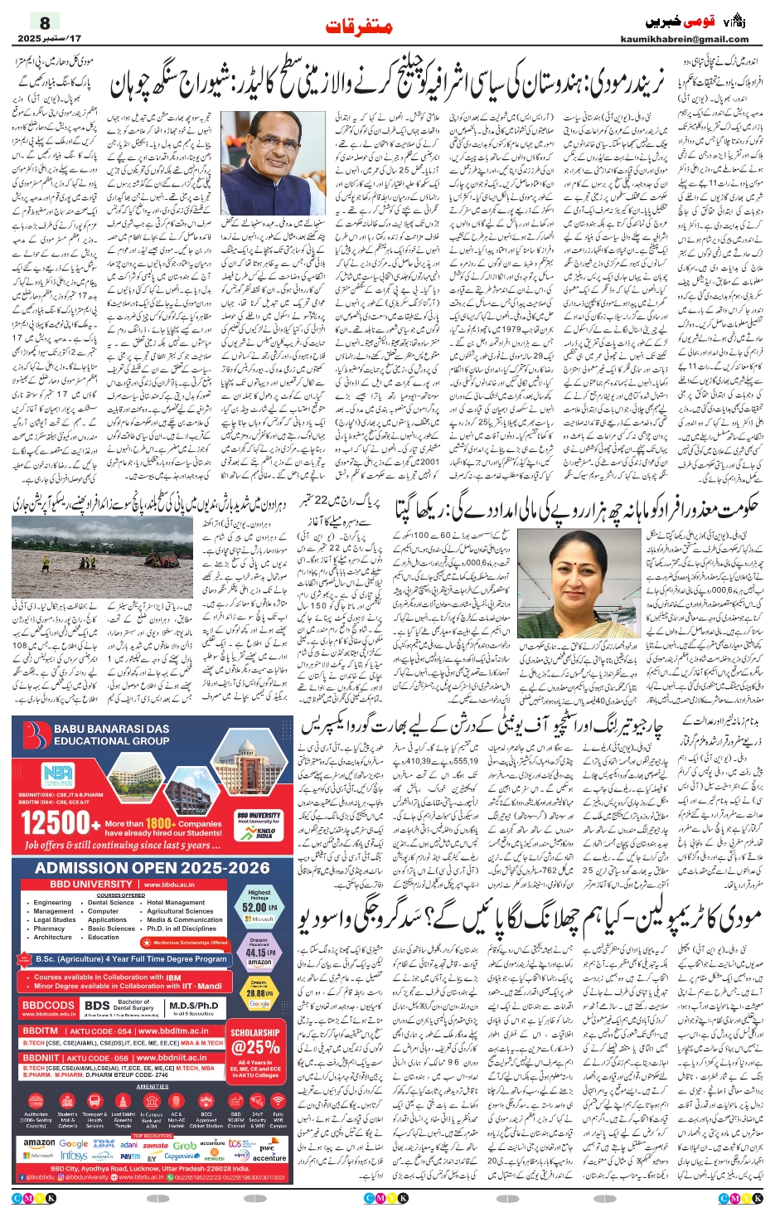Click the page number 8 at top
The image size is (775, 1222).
pyautogui.click(x=45, y=22)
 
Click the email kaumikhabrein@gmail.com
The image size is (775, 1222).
pyautogui.click(x=684, y=39)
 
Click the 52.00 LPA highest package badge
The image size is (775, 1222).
pyautogui.click(x=259, y=906)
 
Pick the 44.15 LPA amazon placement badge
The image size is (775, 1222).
pyautogui.click(x=259, y=953)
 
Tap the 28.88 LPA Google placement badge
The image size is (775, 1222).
pyautogui.click(x=259, y=993)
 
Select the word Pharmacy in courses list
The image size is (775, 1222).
pyautogui.click(x=49, y=929)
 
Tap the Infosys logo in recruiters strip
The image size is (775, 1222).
pyautogui.click(x=74, y=1156)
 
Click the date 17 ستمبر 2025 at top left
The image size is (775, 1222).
pyautogui.click(x=50, y=39)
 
